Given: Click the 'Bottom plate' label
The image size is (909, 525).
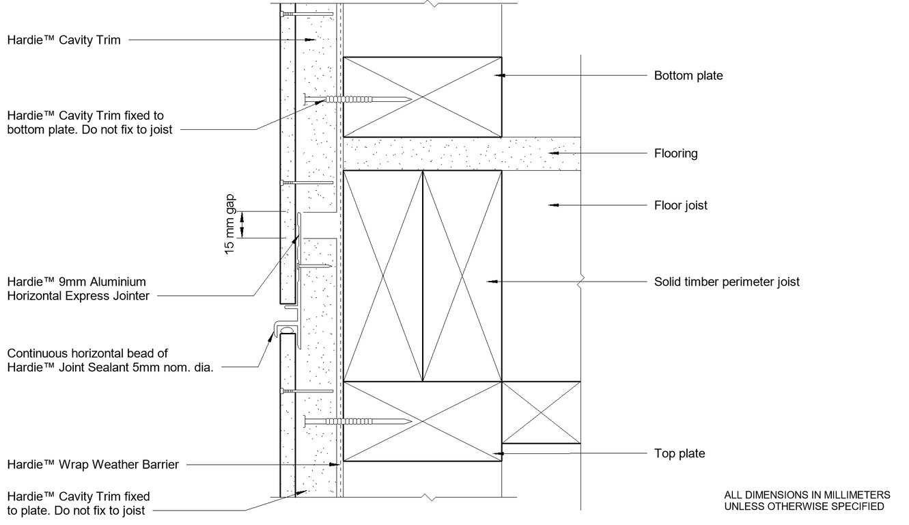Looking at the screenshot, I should pyautogui.click(x=688, y=76).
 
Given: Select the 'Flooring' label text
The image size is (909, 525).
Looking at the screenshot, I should pyautogui.click(x=675, y=153).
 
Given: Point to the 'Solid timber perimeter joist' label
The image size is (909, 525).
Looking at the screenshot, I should pyautogui.click(x=727, y=282).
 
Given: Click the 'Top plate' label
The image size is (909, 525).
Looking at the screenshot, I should pyautogui.click(x=679, y=453).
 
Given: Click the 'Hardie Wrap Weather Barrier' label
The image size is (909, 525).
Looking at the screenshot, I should pyautogui.click(x=93, y=465).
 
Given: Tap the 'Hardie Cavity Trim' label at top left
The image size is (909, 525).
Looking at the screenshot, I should pyautogui.click(x=64, y=40).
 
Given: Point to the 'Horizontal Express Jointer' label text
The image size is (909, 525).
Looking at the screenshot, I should pyautogui.click(x=78, y=296).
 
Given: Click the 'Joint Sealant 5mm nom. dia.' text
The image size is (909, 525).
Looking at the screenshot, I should pyautogui.click(x=111, y=367).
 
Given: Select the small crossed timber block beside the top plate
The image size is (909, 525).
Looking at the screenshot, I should pyautogui.click(x=541, y=412).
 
